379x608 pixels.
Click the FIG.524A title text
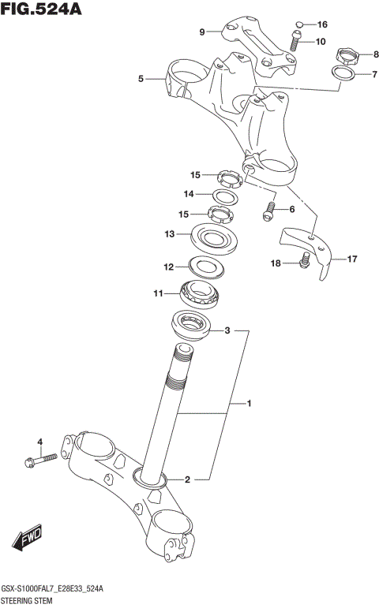[41, 9]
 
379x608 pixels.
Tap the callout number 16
[322, 24]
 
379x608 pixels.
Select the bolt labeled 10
[295, 41]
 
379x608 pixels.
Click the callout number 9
[202, 32]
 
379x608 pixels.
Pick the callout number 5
[141, 79]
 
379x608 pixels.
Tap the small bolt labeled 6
[268, 211]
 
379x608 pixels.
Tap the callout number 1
[249, 405]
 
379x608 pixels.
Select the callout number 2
[187, 479]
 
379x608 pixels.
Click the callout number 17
[351, 258]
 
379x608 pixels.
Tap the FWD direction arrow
[25, 539]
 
